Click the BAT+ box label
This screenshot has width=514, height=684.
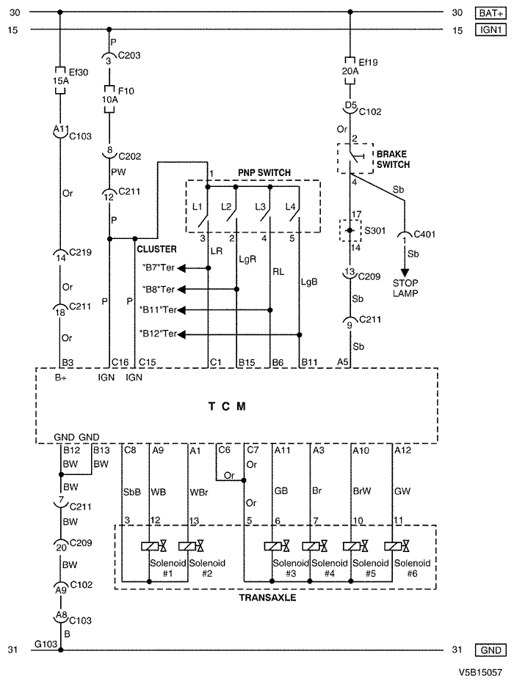tap(491, 12)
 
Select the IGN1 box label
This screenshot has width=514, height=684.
tap(491, 29)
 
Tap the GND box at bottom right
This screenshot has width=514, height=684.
tap(491, 650)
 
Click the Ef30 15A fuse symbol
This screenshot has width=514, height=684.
tap(60, 80)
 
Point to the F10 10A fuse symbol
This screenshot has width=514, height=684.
tap(109, 100)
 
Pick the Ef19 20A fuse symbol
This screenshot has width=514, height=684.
tap(350, 70)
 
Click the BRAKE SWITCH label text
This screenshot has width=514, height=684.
tap(394, 159)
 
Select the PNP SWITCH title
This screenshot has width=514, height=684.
tap(264, 173)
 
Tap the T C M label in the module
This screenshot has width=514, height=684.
tap(227, 407)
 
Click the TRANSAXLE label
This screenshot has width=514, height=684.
tap(267, 597)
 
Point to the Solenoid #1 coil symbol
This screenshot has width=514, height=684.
tap(150, 545)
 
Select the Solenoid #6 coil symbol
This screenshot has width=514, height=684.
tap(393, 545)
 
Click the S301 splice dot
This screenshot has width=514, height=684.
tap(350, 230)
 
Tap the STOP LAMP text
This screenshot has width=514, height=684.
tap(405, 288)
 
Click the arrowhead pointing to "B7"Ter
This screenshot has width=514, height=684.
tap(181, 268)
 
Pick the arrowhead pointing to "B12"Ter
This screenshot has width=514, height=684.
tap(181, 334)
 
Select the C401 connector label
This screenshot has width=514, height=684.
tap(424, 235)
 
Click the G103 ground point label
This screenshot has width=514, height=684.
tap(46, 644)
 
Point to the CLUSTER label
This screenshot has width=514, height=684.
tap(157, 249)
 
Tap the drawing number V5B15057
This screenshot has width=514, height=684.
tap(480, 673)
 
